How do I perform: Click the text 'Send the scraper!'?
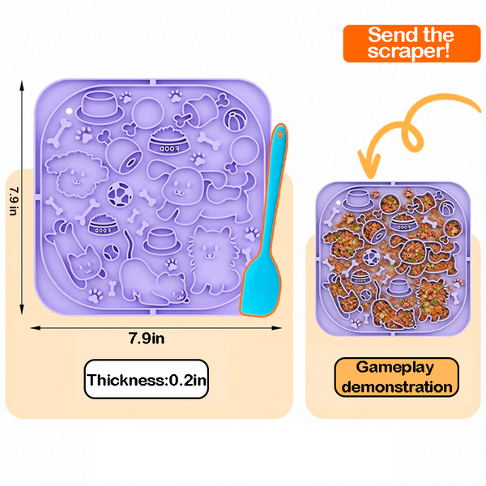pos(411,44)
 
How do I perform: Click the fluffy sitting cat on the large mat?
pos(212,259)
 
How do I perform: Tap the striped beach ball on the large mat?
pos(233,122)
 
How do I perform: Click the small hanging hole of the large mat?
pos(70,107)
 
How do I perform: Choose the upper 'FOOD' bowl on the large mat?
pos(167,145)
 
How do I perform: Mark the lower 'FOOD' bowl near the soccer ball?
pos(101,224)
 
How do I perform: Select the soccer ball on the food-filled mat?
pos(370,259)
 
